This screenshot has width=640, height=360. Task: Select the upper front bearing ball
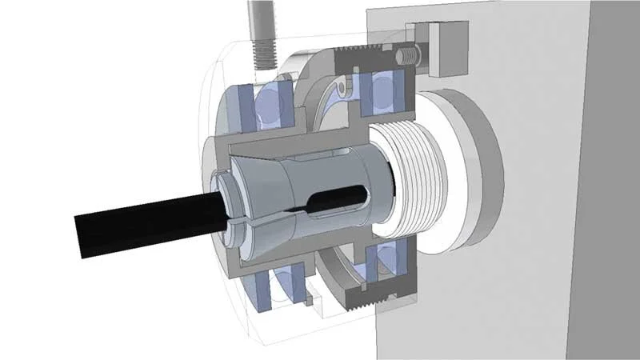[x=272, y=104]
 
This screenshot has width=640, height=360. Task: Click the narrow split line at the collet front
[x=240, y=216]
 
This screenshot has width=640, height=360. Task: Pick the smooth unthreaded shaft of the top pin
[x=259, y=16]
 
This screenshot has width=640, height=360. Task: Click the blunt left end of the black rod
[x=80, y=236]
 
